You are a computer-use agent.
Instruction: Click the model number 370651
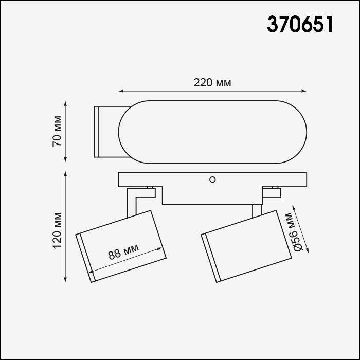click(x=300, y=24)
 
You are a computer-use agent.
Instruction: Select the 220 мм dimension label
click(x=212, y=83)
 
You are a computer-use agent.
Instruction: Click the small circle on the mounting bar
click(x=212, y=179)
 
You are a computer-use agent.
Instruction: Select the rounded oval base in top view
click(x=213, y=132)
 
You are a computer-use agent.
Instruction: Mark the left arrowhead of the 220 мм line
click(x=121, y=92)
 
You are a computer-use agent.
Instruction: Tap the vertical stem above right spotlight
click(x=256, y=211)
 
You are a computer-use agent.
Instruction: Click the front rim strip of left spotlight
click(x=84, y=257)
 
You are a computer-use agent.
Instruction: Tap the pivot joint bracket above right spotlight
click(x=271, y=192)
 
